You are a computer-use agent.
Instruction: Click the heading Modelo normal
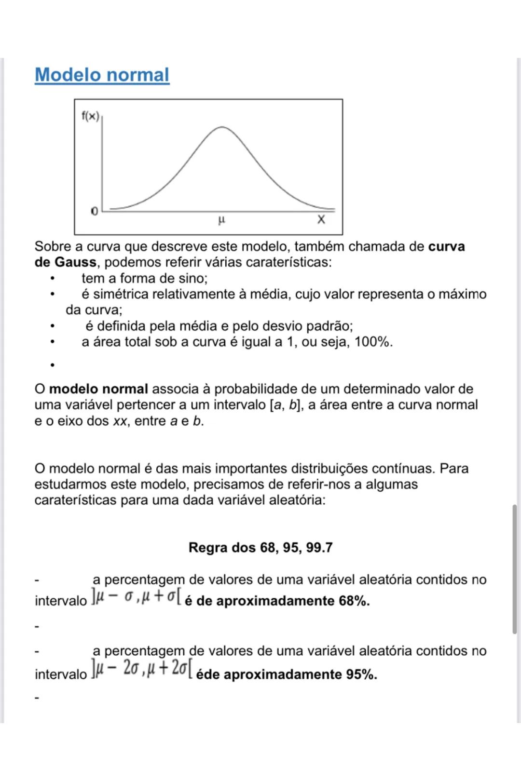tap(102, 75)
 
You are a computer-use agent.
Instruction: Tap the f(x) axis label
tap(90, 116)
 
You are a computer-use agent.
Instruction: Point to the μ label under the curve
tap(221, 220)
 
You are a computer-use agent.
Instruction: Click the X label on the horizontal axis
tap(321, 220)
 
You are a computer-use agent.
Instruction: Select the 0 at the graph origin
tap(94, 211)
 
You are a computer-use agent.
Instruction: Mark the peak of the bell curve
tap(222, 127)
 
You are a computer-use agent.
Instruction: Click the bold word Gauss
tap(75, 262)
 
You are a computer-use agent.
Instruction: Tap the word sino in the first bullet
tap(191, 279)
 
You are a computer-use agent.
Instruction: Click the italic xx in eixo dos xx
tap(120, 421)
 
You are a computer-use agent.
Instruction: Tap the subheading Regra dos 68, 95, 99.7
tap(260, 548)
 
